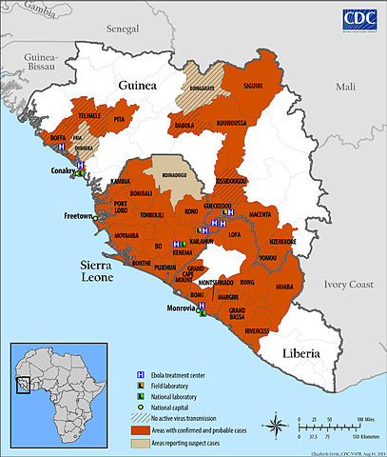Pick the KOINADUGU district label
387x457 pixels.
pyautogui.click(x=167, y=175)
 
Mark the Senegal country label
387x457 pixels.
pyautogui.click(x=122, y=30)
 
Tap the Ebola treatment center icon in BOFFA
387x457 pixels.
pyautogui.click(x=63, y=149)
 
